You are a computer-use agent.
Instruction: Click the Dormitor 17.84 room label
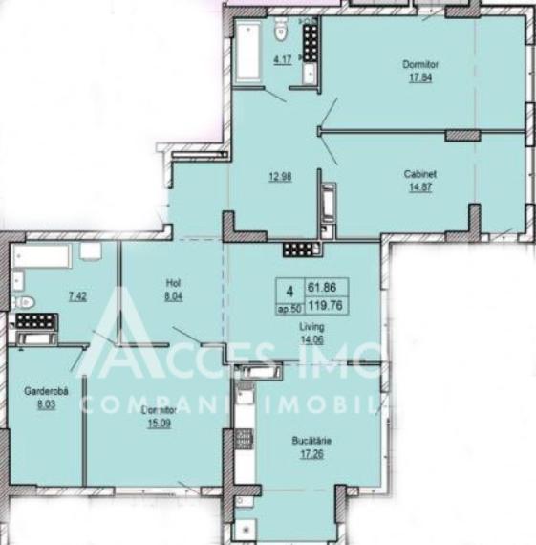tap(425, 65)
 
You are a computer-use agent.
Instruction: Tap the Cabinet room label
tap(419, 174)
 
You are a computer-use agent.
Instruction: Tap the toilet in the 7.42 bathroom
tap(25, 303)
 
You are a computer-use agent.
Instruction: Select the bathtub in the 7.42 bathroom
tap(42, 258)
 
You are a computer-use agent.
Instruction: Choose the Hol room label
tap(173, 283)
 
